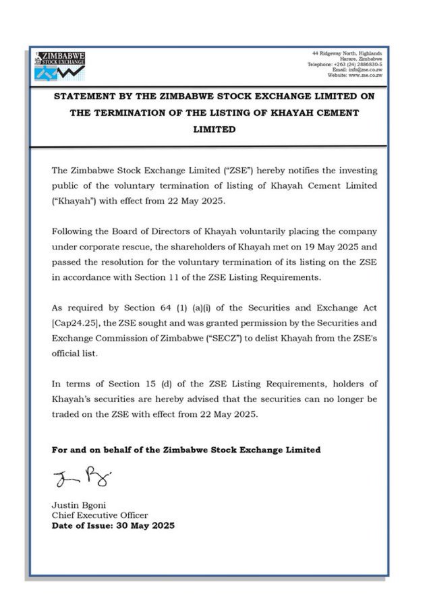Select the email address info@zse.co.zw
(x=366, y=69)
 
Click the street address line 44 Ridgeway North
(x=347, y=53)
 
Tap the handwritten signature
(x=81, y=480)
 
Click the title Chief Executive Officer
(x=100, y=515)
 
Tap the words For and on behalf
(x=90, y=450)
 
